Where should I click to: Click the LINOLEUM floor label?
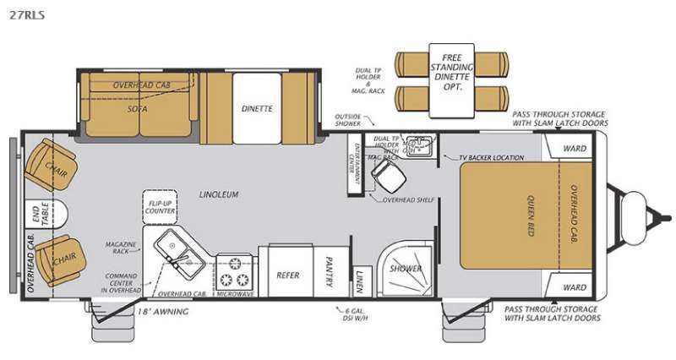pyautogui.click(x=220, y=194)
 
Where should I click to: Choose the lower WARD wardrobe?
pyautogui.click(x=575, y=287)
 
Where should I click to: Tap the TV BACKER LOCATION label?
pyautogui.click(x=492, y=158)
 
